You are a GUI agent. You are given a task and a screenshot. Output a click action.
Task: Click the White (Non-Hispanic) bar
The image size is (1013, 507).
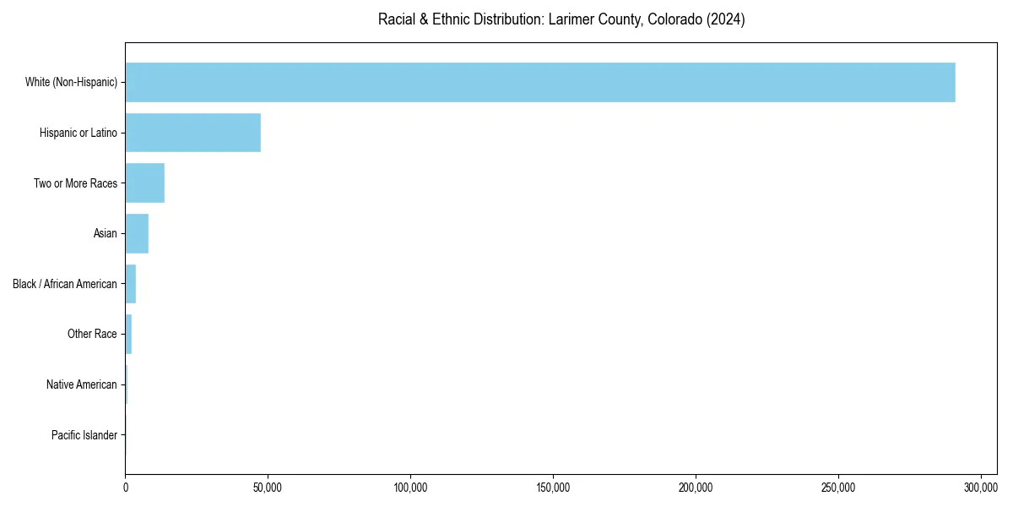pos(540,82)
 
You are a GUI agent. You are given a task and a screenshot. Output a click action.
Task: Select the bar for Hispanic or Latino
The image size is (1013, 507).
pos(192,133)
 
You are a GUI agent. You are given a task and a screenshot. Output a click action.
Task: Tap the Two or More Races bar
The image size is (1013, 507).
pos(144,183)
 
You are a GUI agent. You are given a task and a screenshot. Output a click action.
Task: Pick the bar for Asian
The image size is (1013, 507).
pos(137,233)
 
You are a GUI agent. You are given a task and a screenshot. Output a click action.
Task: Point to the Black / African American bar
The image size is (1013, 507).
pos(131,284)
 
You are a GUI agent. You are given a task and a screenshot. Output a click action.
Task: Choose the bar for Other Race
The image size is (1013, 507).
pos(128,334)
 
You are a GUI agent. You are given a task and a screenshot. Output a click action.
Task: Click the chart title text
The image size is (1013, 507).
pos(561,19)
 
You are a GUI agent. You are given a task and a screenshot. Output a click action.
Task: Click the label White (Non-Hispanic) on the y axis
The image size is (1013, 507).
pos(71,83)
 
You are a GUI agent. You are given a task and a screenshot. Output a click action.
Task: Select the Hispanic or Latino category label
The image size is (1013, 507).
pos(79,133)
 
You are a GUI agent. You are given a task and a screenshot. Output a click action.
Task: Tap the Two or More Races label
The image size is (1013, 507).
pos(75,183)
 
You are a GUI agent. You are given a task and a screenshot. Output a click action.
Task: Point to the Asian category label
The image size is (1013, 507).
pos(105,234)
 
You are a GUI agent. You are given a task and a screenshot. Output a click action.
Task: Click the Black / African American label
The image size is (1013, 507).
pos(65,284)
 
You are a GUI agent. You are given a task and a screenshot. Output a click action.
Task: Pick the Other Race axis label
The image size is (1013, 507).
pos(92,335)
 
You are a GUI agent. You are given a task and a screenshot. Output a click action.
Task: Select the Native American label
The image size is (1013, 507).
pos(82,384)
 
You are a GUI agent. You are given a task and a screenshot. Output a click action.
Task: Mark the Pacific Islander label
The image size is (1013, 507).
pos(84,435)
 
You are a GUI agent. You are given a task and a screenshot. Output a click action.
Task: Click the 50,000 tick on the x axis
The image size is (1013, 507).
pos(268,488)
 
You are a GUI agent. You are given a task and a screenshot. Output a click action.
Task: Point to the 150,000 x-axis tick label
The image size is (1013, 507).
pos(553,488)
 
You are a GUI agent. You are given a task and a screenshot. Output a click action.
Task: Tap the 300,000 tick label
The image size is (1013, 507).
pos(981,488)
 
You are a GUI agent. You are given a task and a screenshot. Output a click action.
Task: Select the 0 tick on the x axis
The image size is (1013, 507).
pos(126,488)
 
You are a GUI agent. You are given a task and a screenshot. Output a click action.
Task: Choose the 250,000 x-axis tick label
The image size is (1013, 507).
pos(838,488)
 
